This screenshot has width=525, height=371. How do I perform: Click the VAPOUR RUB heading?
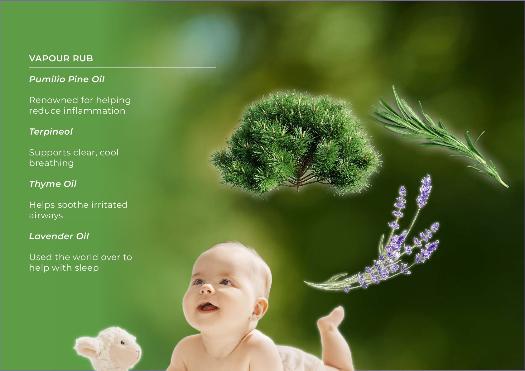pyautogui.click(x=61, y=58)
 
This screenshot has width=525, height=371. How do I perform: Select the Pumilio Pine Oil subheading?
pyautogui.click(x=67, y=79)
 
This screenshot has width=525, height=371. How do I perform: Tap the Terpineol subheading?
pyautogui.click(x=51, y=131)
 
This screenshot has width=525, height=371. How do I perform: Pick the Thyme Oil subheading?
pyautogui.click(x=53, y=184)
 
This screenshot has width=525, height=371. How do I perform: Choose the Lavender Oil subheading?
pyautogui.click(x=59, y=236)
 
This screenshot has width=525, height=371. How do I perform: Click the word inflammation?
pyautogui.click(x=94, y=111)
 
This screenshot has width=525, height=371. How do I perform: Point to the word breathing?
pyautogui.click(x=51, y=164)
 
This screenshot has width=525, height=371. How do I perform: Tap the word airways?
pyautogui.click(x=46, y=216)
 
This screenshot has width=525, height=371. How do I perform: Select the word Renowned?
pyautogui.click(x=53, y=100)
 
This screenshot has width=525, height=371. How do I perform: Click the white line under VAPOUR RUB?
pyautogui.click(x=122, y=67)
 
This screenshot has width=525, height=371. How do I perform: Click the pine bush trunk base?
pyautogui.click(x=298, y=188)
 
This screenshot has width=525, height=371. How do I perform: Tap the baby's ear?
pyautogui.click(x=259, y=309)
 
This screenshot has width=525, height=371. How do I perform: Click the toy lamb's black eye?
pyautogui.click(x=122, y=343)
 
